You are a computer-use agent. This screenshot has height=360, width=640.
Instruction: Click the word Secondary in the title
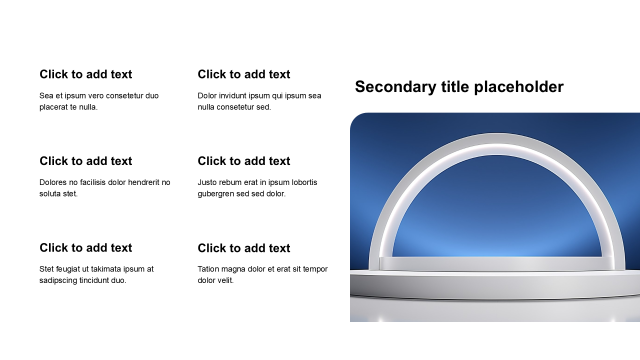coord(395,87)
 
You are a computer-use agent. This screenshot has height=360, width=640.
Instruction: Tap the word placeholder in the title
coord(519,87)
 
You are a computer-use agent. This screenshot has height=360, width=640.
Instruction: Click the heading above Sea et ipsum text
coord(85,74)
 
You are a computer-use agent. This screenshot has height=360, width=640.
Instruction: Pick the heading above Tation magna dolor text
coord(243,248)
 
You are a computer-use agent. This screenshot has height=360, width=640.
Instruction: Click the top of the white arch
coord(496,138)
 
